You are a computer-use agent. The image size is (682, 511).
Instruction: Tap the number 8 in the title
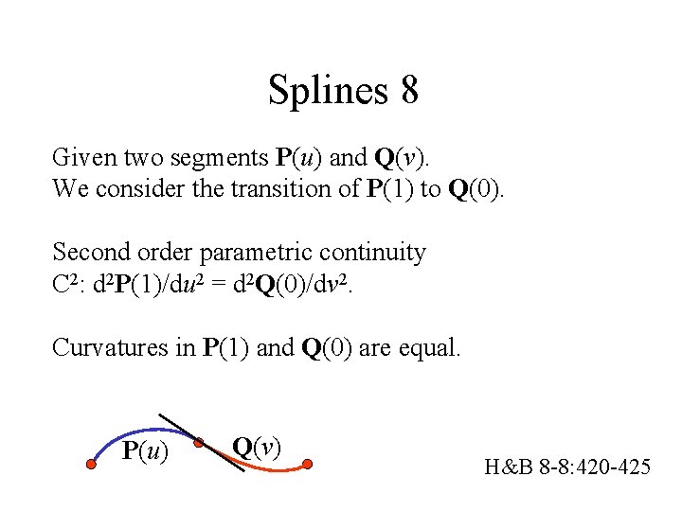(409, 91)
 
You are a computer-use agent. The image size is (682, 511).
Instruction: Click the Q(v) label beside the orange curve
(256, 446)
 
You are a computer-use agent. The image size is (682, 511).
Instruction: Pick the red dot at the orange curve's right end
(308, 464)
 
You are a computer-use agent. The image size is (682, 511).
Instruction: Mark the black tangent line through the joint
(175, 424)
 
